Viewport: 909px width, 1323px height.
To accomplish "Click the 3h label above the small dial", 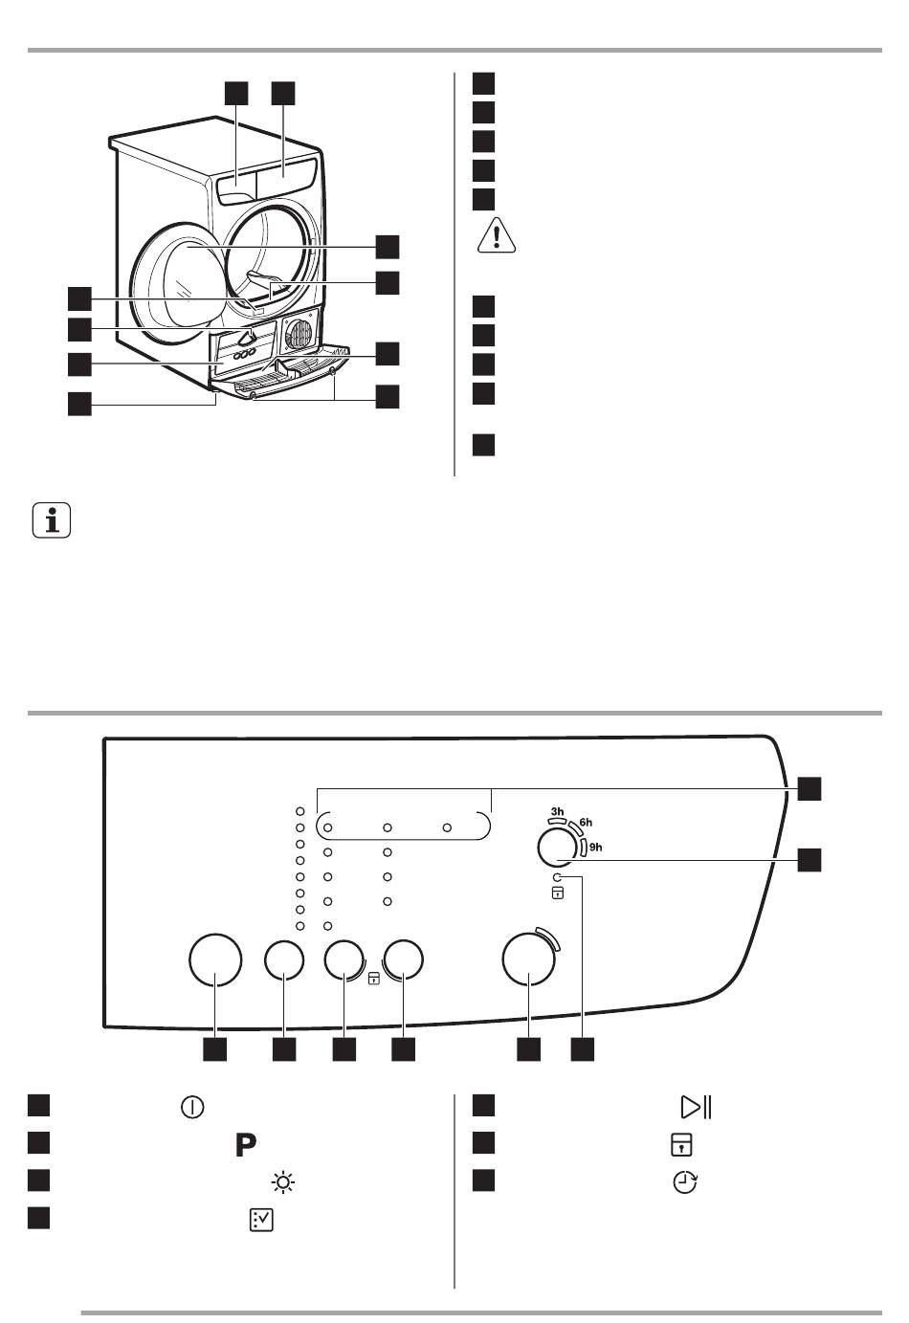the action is click(x=557, y=811).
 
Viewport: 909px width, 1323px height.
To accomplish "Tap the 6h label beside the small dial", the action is click(x=586, y=822).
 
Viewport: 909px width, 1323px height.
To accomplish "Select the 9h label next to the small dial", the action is click(x=595, y=847).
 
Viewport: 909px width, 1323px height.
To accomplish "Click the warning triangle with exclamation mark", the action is click(x=497, y=234).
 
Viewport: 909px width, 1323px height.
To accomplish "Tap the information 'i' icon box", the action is click(x=52, y=520).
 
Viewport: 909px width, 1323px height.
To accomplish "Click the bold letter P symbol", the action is click(x=246, y=1145).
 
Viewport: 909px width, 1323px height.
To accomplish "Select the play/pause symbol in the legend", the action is click(x=696, y=1107).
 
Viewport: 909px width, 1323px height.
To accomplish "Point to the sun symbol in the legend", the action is click(x=283, y=1182).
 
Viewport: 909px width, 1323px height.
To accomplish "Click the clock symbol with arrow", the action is click(x=684, y=1182).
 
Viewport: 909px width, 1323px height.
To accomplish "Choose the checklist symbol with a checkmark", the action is click(x=261, y=1220).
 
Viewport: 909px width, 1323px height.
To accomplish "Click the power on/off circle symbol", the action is click(x=192, y=1107).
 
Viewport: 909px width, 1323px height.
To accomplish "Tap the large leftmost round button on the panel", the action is click(x=215, y=959).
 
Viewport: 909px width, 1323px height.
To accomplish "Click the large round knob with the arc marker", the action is click(x=529, y=958).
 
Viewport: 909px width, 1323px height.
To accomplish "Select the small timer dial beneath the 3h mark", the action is click(x=558, y=849).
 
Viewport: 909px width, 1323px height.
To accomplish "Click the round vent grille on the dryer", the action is click(x=299, y=334).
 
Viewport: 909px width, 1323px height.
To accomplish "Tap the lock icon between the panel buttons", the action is click(x=374, y=979).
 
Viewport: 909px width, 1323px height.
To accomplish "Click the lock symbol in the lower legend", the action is click(x=681, y=1145).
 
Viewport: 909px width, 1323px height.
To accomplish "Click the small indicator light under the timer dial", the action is click(x=557, y=877).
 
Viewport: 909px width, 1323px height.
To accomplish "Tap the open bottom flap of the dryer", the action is click(x=289, y=373).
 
